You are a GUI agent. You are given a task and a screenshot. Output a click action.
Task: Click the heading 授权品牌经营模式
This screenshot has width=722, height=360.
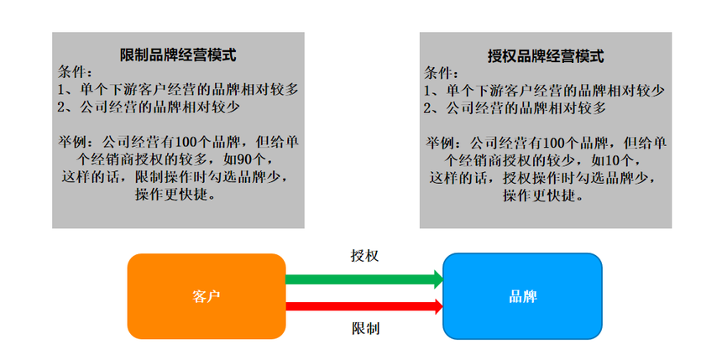tap(546, 56)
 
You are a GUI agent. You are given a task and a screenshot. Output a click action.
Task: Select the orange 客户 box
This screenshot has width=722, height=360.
tap(207, 296)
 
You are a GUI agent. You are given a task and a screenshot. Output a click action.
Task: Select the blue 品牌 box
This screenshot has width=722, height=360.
tap(522, 296)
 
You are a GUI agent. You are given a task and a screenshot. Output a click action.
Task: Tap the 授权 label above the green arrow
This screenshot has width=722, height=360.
tap(364, 255)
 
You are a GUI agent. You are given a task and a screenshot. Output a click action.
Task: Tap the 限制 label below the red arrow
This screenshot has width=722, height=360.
tap(365, 328)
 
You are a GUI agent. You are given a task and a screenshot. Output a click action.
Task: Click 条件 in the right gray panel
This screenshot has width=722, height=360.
tap(442, 72)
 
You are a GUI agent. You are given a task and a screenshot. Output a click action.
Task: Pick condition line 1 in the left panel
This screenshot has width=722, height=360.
tap(178, 90)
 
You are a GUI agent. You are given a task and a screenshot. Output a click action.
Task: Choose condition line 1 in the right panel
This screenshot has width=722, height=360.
tap(545, 90)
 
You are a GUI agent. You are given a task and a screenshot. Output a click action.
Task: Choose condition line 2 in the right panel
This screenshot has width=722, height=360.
tap(514, 107)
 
